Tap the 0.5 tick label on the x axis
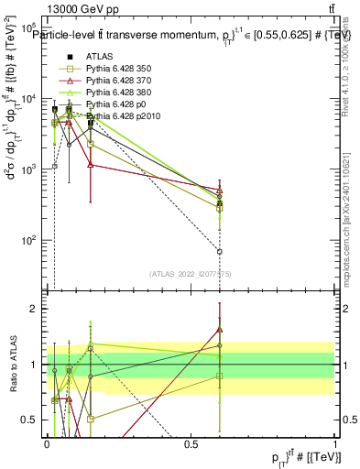click(x=191, y=442)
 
